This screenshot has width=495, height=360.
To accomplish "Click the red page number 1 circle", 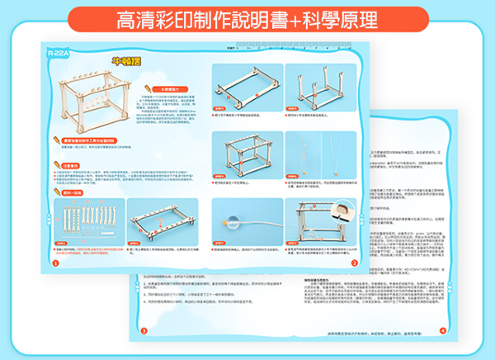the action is pos(54,263).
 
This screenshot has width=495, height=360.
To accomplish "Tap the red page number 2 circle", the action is pos(354,263).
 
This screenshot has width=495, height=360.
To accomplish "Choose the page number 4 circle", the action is pos(442,329).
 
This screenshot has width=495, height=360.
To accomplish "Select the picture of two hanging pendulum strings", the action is pos(322,161).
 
